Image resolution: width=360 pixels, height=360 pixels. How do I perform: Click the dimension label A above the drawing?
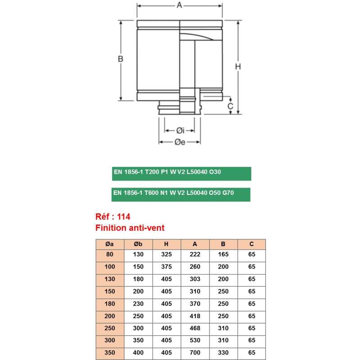(179, 5)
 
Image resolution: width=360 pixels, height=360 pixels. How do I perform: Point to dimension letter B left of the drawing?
(120, 59)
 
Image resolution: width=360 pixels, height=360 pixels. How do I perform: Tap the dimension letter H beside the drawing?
(238, 67)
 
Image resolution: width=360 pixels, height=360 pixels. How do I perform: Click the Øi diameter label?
(180, 131)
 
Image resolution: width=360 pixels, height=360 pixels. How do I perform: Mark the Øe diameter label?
(180, 143)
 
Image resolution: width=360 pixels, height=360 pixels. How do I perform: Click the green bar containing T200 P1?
(181, 173)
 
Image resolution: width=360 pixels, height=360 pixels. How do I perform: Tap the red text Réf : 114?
(113, 217)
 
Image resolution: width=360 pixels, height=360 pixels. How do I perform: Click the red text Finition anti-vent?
(130, 228)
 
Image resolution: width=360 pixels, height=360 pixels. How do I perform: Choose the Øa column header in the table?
(109, 244)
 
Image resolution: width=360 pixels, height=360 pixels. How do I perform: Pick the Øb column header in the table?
(138, 244)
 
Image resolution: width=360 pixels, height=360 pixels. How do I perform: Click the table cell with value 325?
(166, 255)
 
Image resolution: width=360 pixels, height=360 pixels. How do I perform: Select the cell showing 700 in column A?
(195, 353)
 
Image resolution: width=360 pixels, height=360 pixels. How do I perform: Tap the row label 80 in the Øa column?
(109, 255)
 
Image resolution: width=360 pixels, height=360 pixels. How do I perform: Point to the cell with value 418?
(195, 316)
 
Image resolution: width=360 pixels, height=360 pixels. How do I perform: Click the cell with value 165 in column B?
(223, 255)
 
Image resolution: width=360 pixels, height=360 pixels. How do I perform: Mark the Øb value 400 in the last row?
(138, 353)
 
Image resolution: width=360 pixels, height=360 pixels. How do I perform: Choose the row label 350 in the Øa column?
(109, 353)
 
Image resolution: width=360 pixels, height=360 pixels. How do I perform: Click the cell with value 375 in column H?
(166, 267)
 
